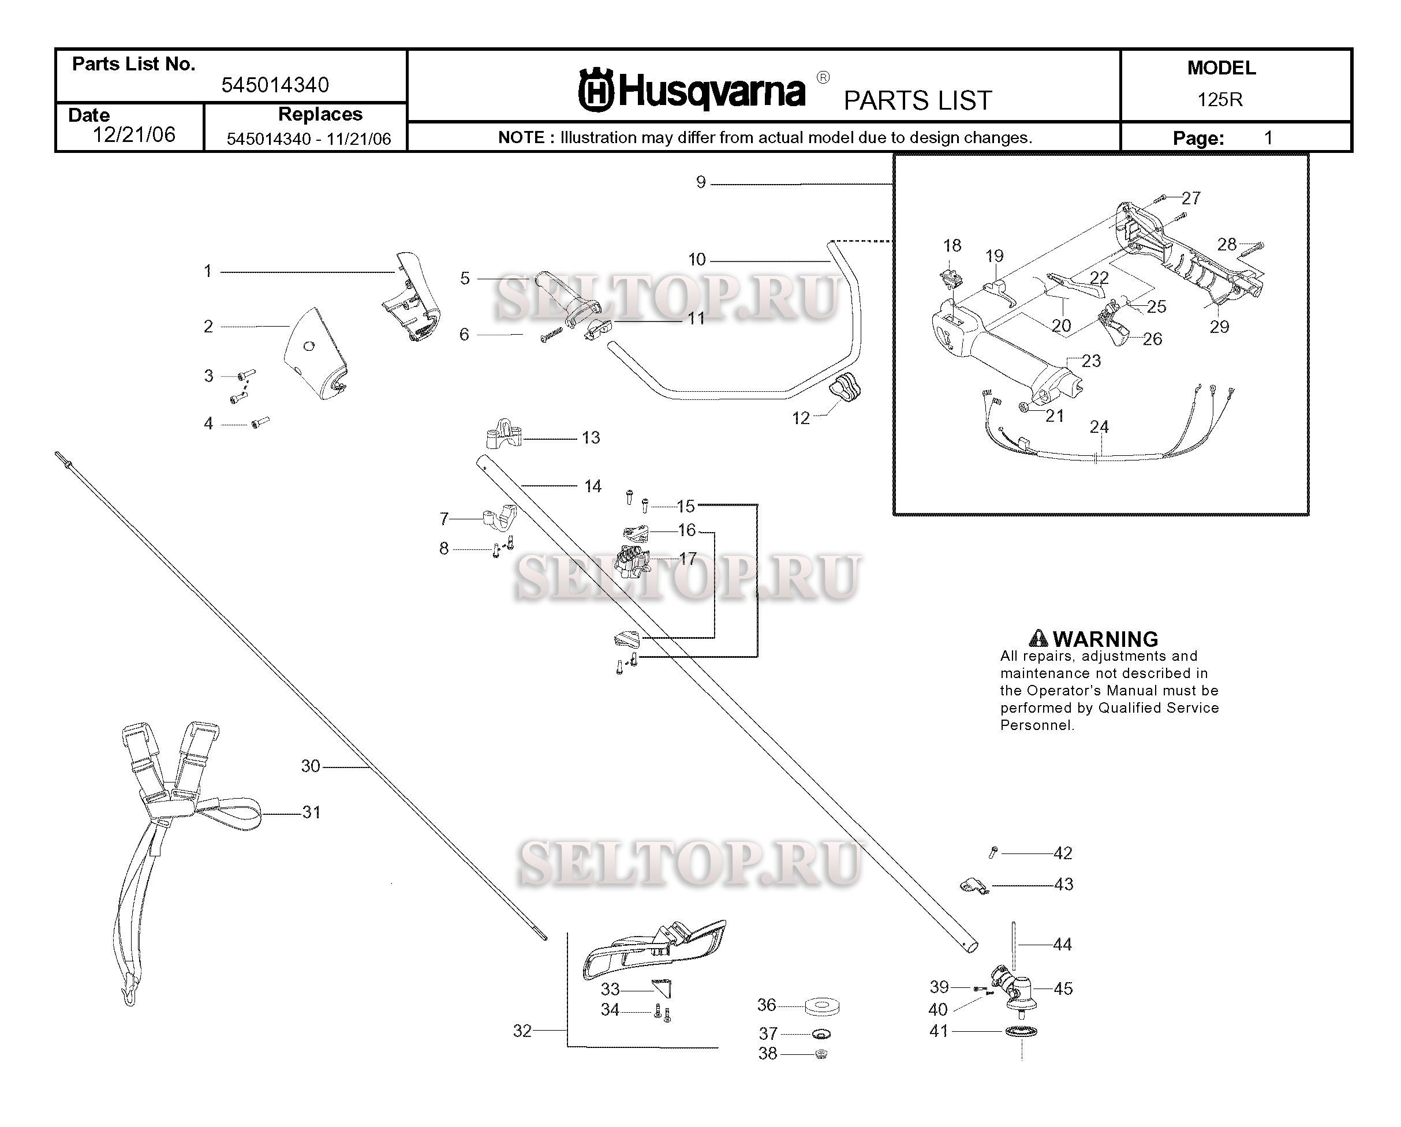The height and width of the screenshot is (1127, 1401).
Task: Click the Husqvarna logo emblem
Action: [595, 91]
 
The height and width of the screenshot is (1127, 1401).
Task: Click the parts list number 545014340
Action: [275, 85]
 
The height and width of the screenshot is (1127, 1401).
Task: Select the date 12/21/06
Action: [134, 134]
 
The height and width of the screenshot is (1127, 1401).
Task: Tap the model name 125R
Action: [1220, 99]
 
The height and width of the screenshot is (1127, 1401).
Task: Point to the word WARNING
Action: [1105, 639]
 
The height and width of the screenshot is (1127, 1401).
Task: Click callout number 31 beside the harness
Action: [311, 812]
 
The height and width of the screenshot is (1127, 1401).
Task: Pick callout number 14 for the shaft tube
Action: [592, 486]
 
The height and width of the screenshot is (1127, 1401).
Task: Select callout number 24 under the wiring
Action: [1099, 427]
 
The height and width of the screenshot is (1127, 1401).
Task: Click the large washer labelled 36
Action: [821, 1007]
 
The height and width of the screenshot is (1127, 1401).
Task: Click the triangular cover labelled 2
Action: [315, 354]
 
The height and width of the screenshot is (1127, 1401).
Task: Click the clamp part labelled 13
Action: [503, 434]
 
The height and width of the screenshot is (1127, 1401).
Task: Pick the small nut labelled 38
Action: [821, 1054]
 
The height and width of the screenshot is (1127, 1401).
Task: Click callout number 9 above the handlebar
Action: [701, 182]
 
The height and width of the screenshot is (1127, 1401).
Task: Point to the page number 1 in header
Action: [1267, 138]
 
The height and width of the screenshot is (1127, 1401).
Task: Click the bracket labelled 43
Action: [973, 885]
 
